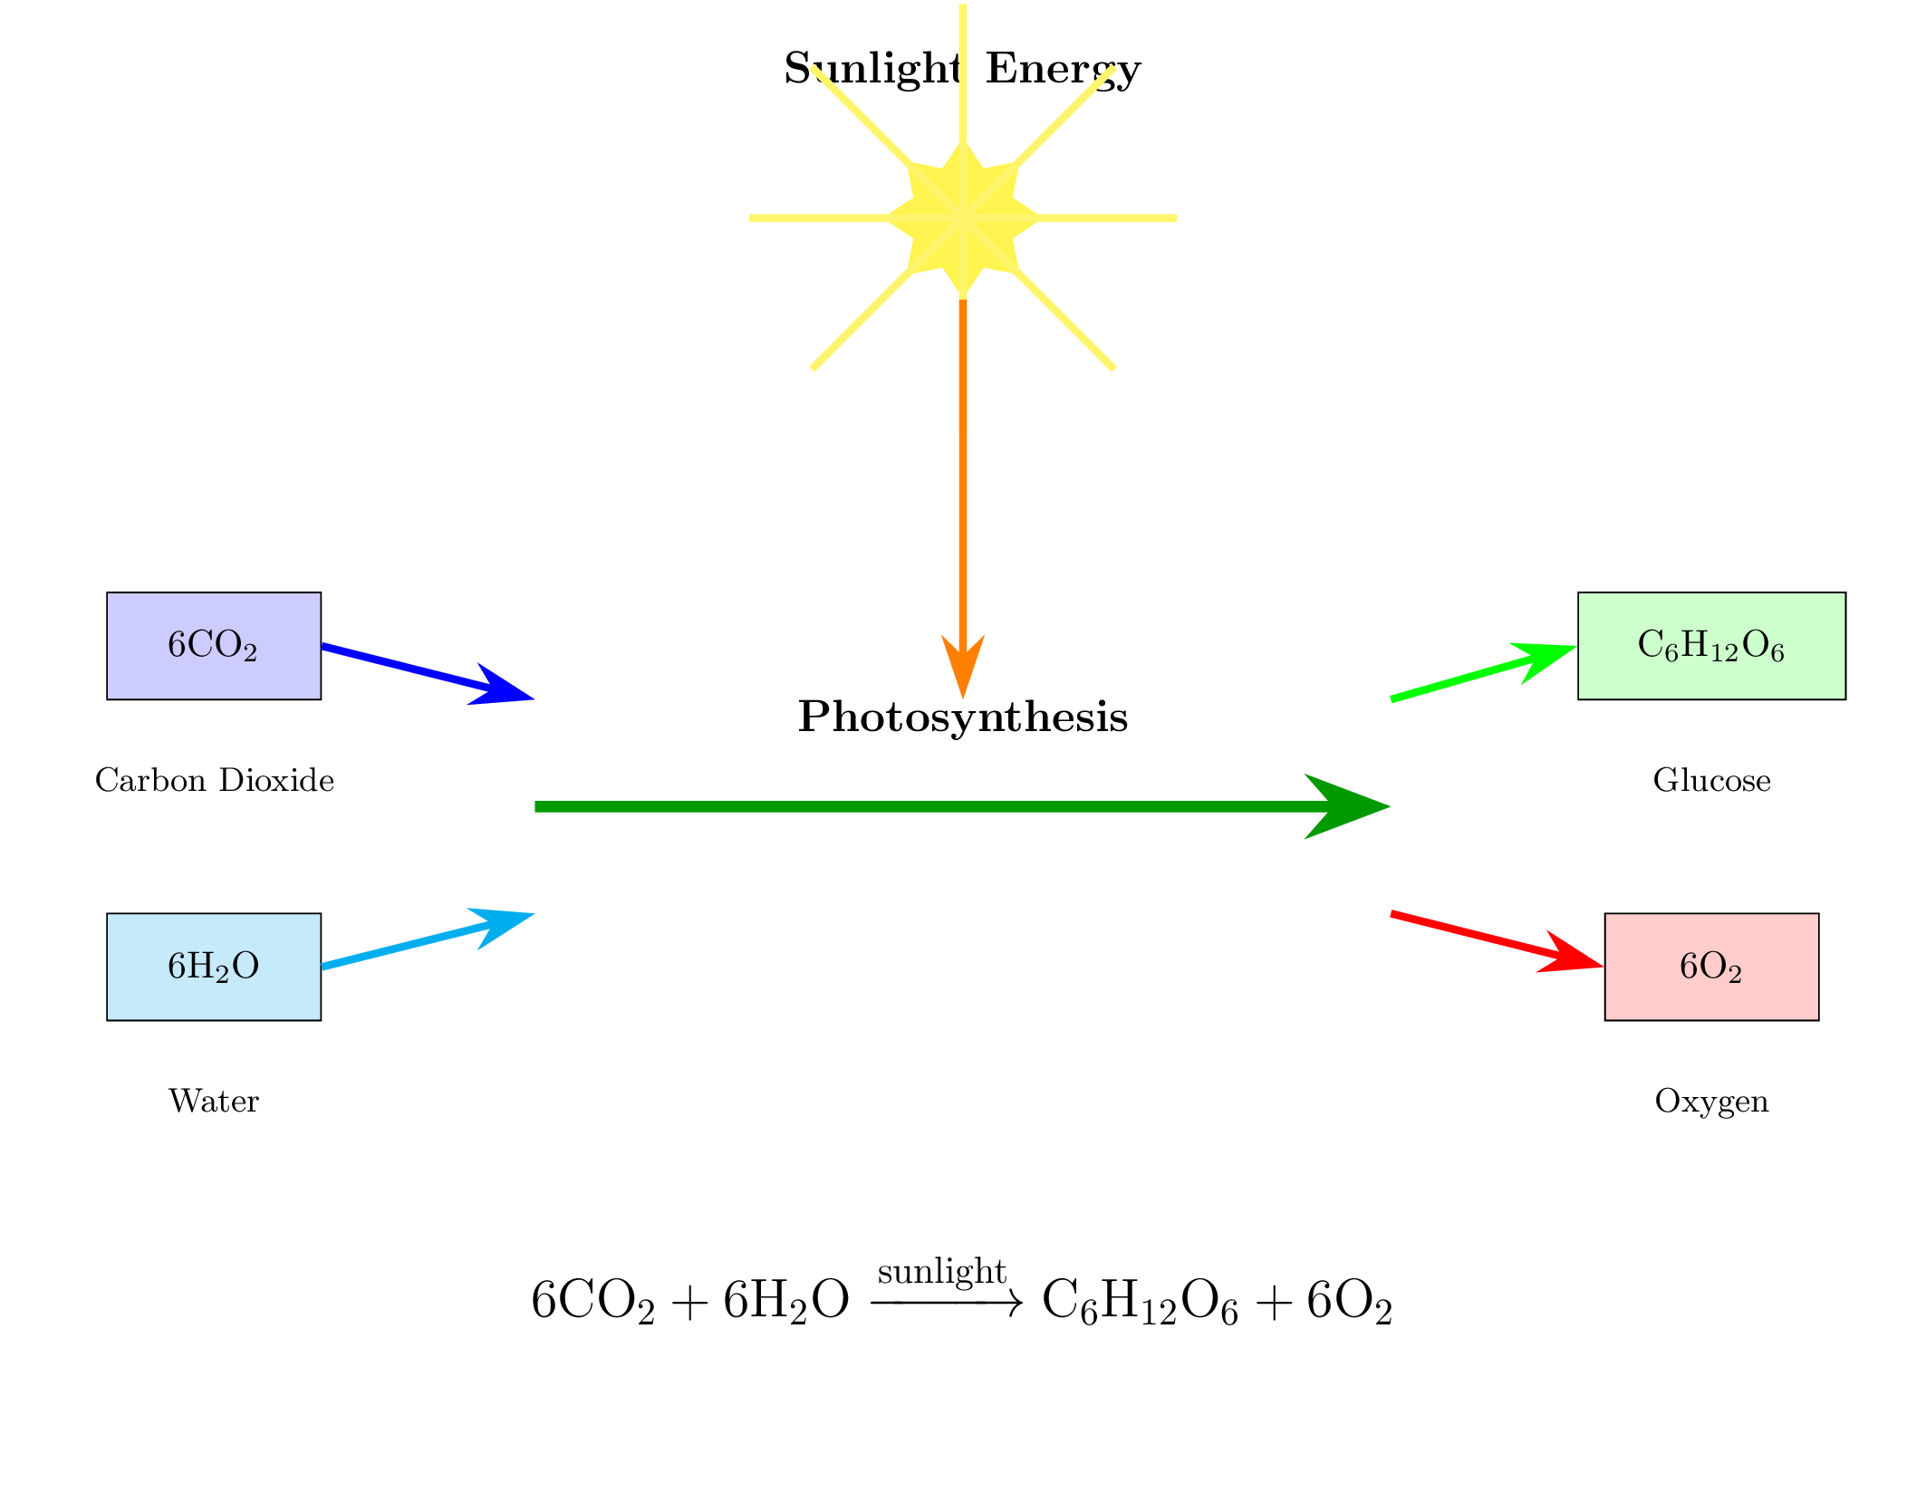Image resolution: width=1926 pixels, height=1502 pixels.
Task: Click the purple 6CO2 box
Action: point(214,646)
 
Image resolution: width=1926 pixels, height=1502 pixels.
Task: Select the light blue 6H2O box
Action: point(214,967)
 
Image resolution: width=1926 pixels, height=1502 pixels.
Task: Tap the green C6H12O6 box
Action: point(1711,646)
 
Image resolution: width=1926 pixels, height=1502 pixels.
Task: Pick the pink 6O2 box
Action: point(1711,967)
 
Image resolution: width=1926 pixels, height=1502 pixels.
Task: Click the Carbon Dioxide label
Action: point(215,780)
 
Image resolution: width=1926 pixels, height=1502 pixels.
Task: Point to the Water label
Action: point(214,1101)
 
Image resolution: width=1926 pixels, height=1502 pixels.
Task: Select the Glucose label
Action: point(1711,780)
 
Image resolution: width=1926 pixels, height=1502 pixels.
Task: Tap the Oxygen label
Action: point(1711,1101)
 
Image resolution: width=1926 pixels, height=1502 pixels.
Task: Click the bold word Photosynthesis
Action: point(963,717)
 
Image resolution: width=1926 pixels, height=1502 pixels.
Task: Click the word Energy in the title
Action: point(1063,69)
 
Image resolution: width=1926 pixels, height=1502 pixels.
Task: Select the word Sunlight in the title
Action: point(872,69)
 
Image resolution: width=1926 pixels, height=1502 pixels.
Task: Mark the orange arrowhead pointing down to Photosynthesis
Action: point(963,666)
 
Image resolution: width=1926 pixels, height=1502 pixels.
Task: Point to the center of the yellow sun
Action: point(962,218)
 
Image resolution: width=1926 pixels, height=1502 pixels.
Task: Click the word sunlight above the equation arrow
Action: point(942,1273)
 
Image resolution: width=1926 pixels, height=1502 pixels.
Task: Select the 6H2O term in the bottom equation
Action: point(786,1301)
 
